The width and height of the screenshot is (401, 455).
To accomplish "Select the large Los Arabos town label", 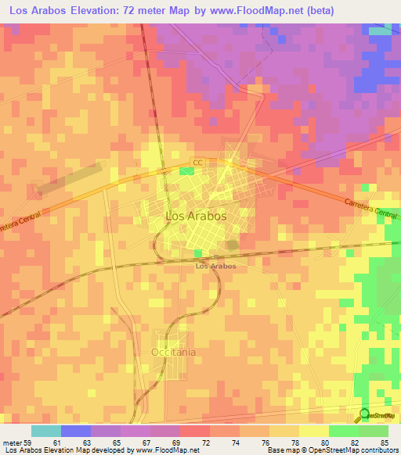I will click(196, 216).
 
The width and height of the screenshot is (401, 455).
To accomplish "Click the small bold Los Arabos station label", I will click(215, 266).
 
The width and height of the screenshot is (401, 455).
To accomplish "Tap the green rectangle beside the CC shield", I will click(186, 170).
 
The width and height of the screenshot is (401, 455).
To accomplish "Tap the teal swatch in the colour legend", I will click(46, 431).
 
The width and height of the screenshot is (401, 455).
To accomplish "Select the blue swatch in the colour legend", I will click(76, 431).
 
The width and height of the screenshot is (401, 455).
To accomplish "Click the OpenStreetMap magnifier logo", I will click(365, 414).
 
